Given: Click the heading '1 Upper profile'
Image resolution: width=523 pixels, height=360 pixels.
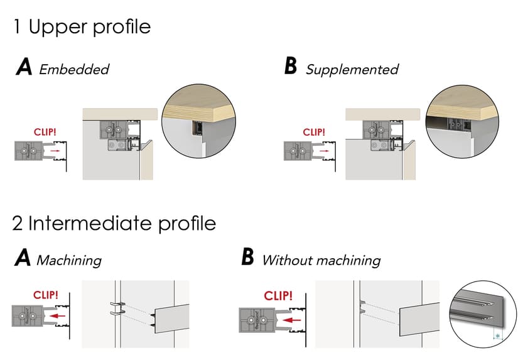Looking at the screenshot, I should tap(82, 27).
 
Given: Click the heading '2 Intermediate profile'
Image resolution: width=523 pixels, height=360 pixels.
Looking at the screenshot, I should tap(114, 223).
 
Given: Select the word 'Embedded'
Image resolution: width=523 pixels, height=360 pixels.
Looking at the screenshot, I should tap(74, 69).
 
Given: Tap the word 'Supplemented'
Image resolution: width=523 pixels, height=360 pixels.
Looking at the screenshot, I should tap(352, 69).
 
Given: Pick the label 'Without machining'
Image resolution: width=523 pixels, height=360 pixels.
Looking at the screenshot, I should tap(321, 259).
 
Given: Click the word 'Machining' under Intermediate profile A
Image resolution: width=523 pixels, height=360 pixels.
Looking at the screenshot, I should tap(68, 259).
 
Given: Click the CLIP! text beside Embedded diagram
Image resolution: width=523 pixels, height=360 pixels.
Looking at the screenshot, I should tap(46, 132).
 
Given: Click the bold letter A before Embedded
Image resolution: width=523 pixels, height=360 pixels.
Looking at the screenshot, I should tap(24, 68).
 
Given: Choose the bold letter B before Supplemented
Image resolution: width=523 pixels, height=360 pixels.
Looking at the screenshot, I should tap(290, 67).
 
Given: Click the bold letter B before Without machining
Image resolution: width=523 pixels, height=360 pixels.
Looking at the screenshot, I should tap(248, 258).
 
